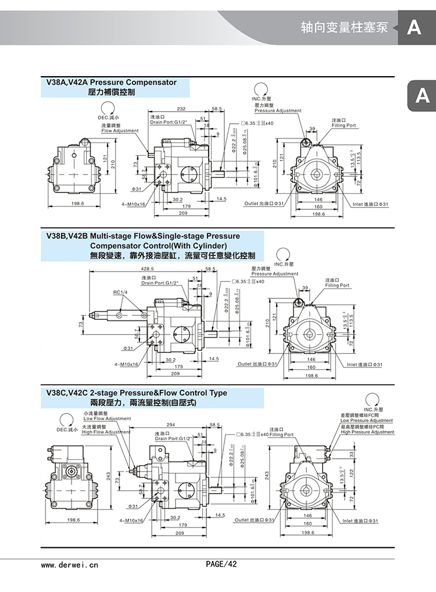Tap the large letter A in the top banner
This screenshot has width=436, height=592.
[x=413, y=27]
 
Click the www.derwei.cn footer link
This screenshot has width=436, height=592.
[x=70, y=564]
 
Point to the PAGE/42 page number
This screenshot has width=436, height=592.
[x=221, y=564]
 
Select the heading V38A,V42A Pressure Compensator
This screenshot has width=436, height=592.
[x=110, y=83]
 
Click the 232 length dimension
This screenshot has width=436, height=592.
[x=181, y=109]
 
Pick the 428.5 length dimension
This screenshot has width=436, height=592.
[x=146, y=269]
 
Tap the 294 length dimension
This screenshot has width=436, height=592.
[x=170, y=425]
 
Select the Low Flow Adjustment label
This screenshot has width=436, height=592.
[x=107, y=419]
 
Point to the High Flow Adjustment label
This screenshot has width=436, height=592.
[x=106, y=432]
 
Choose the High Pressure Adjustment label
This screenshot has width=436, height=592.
[x=367, y=432]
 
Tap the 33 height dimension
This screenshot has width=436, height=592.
[x=352, y=454]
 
